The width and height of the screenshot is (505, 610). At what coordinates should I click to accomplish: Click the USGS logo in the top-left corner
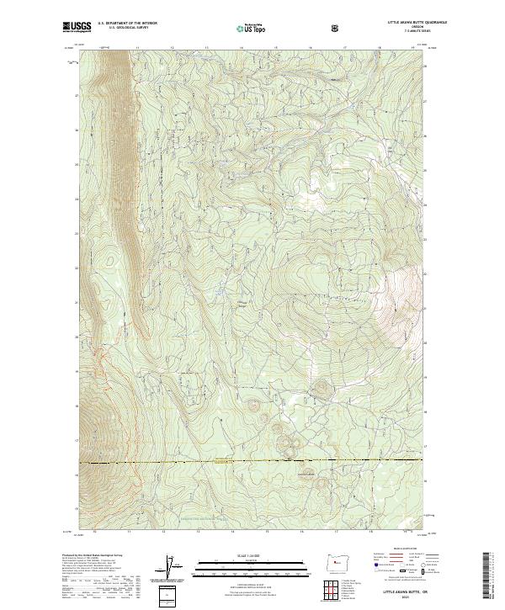(77, 29)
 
